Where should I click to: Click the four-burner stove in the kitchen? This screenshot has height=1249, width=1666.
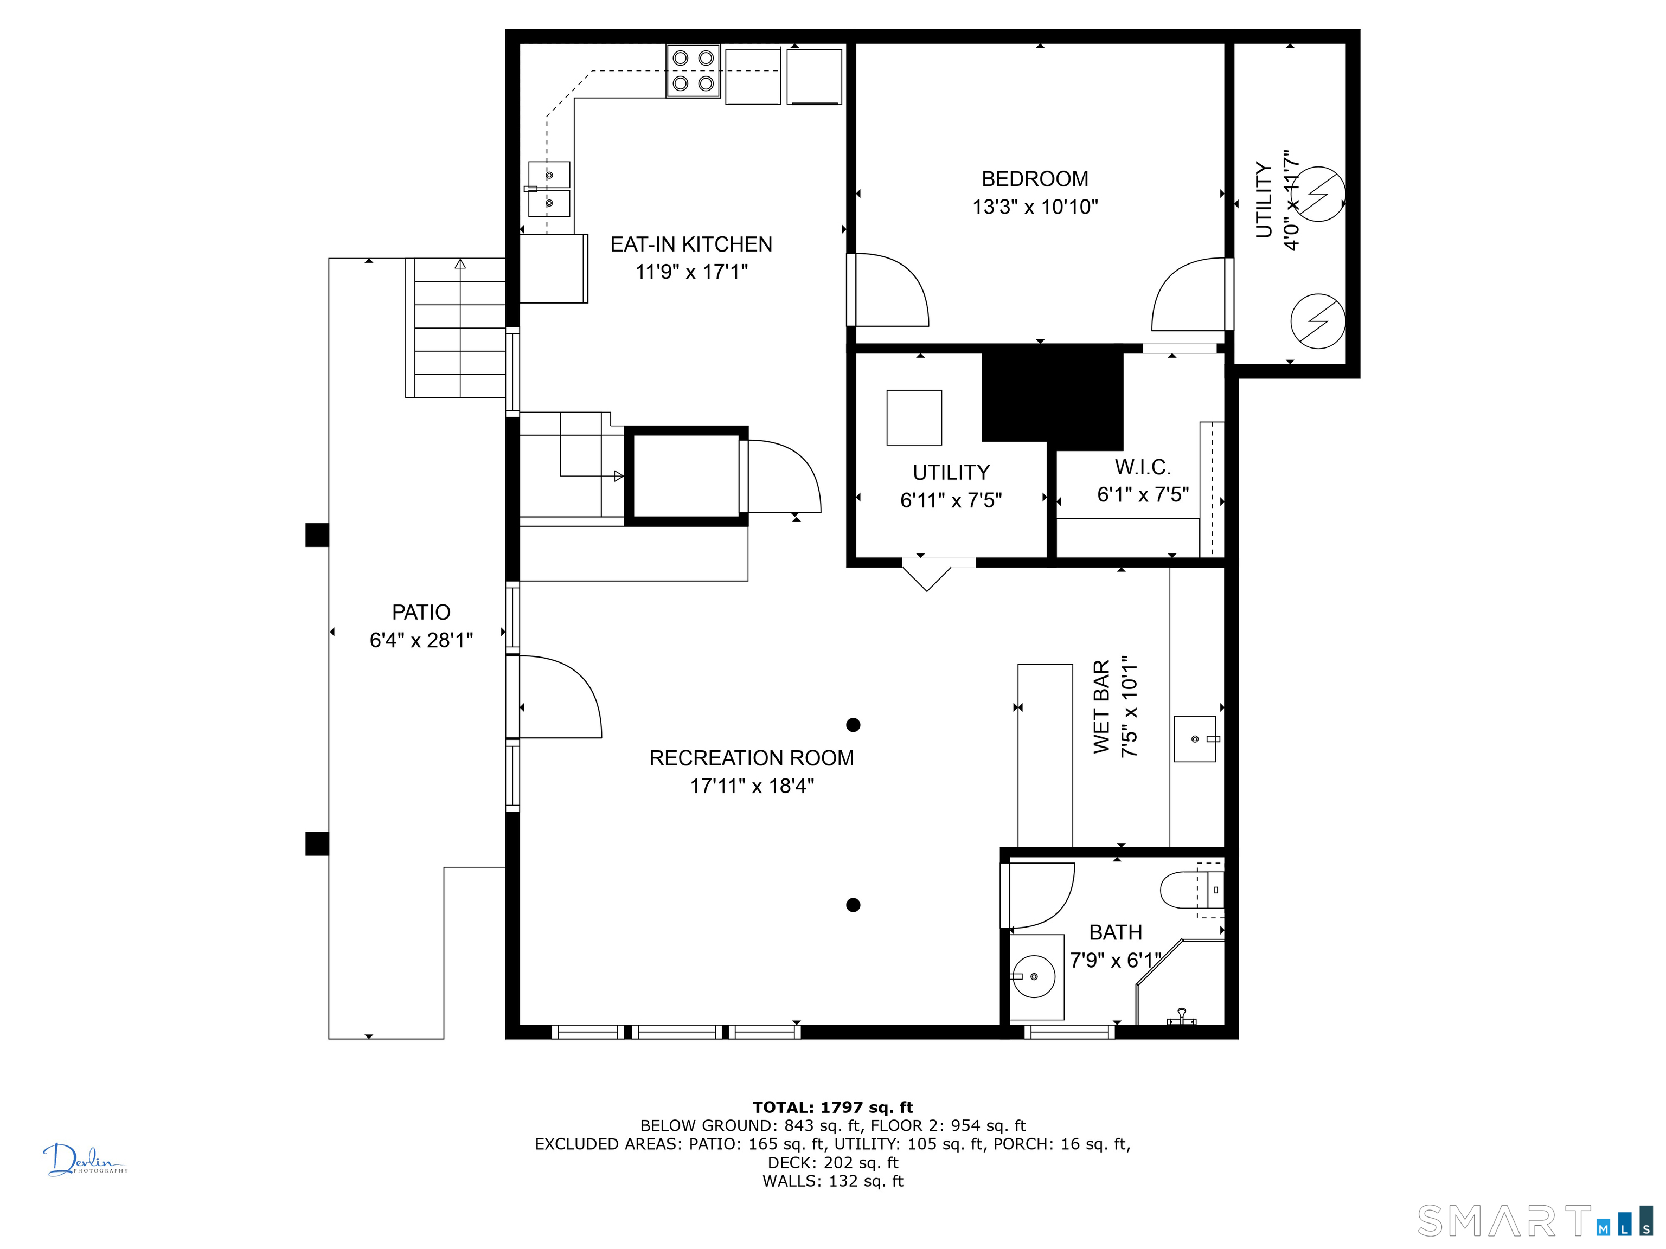pos(693,71)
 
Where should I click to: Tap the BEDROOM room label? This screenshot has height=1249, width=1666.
pos(1035,179)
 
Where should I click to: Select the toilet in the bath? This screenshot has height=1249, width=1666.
pos(1192,890)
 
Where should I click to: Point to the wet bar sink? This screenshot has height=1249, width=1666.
pos(1195,738)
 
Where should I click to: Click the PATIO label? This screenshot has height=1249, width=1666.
pos(421,612)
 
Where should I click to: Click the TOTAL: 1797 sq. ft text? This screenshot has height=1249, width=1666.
pos(832,1108)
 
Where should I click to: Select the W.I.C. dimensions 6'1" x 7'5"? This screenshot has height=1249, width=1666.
pos(1143,494)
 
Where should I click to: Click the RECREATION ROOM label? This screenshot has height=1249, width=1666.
pos(752,758)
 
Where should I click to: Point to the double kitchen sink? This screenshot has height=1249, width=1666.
pos(548,189)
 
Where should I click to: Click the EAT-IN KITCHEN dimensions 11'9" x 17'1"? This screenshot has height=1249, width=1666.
pos(691,272)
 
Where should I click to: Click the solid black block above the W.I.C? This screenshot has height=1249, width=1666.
pos(1052,397)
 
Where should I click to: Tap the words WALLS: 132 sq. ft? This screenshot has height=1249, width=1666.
pos(832,1181)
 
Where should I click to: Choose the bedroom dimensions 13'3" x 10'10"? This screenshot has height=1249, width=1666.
pos(1035,207)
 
